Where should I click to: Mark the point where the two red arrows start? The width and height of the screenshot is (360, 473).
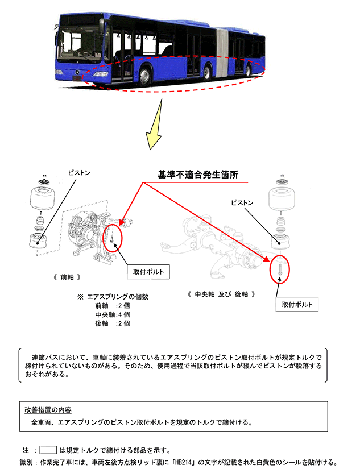point(143,182)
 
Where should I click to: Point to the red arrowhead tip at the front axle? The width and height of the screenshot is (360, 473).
point(119,225)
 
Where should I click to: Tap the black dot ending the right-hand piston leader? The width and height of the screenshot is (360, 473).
point(280,243)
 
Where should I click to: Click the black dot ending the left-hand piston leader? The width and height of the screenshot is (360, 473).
point(38,243)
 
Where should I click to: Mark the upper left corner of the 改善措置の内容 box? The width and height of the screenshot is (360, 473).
point(19,401)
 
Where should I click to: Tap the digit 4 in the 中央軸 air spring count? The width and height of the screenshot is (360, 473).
point(120,314)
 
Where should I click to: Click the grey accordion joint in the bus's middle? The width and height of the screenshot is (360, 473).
point(222,53)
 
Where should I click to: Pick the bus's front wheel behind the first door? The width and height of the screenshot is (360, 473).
point(145,76)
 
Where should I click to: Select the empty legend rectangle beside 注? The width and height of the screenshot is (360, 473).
point(48,450)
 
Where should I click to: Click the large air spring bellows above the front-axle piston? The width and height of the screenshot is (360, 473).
point(43,198)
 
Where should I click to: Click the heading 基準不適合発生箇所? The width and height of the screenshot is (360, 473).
point(198,175)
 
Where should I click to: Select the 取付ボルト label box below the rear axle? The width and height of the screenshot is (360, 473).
point(297,304)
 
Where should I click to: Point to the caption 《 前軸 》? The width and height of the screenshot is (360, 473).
point(67,277)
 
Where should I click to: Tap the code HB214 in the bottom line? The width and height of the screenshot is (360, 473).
point(183,462)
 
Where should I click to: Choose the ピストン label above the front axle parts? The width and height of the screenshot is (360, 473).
point(79,173)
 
